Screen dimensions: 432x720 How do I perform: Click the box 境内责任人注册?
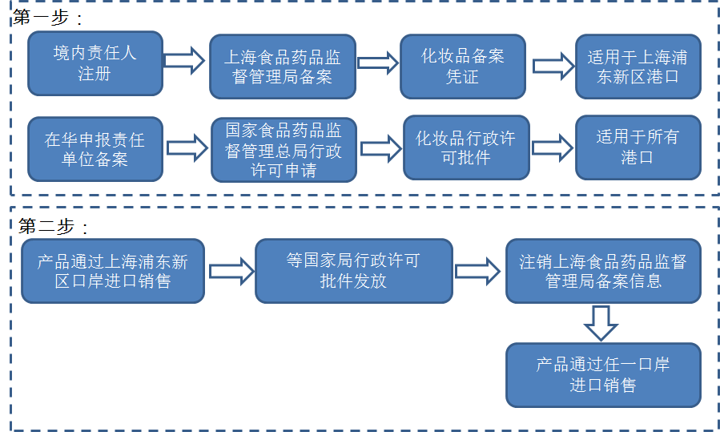(x=95, y=63)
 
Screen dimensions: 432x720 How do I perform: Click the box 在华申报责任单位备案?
(x=95, y=149)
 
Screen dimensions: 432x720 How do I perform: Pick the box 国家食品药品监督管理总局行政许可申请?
(x=283, y=149)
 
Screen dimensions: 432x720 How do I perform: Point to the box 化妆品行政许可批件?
(x=465, y=147)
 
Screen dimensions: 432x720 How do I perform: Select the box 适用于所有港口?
(x=638, y=147)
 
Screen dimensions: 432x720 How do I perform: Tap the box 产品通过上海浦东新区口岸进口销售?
(x=112, y=271)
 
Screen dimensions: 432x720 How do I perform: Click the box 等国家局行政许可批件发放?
(x=353, y=271)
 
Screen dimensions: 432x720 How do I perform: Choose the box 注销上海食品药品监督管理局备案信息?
(x=603, y=271)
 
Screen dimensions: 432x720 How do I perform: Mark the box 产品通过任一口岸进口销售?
(x=603, y=374)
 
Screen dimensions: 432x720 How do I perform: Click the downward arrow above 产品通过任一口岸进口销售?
(x=601, y=322)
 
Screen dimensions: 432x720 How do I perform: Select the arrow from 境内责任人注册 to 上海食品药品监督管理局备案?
(x=185, y=60)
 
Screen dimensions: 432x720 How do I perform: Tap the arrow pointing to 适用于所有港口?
(x=553, y=147)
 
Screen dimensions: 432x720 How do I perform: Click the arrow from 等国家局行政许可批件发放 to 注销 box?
(x=477, y=270)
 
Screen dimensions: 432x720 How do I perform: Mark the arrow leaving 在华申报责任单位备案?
(x=187, y=147)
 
